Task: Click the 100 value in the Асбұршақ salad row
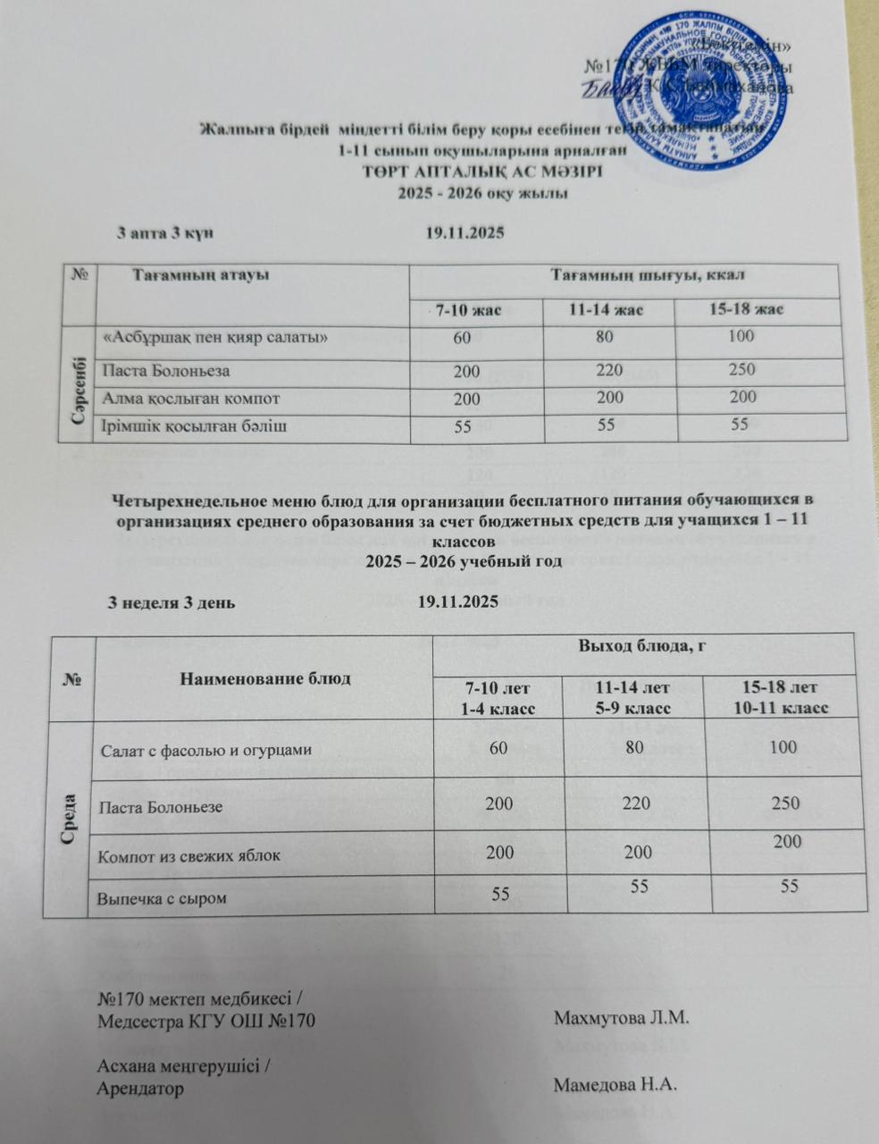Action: [x=741, y=337]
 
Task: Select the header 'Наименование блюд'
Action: [x=265, y=677]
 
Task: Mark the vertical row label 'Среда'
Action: [x=71, y=819]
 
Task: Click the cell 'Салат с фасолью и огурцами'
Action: [x=205, y=750]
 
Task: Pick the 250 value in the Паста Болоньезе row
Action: [x=786, y=803]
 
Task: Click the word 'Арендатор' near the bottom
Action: [x=140, y=1089]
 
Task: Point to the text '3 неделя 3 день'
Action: [x=172, y=601]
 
